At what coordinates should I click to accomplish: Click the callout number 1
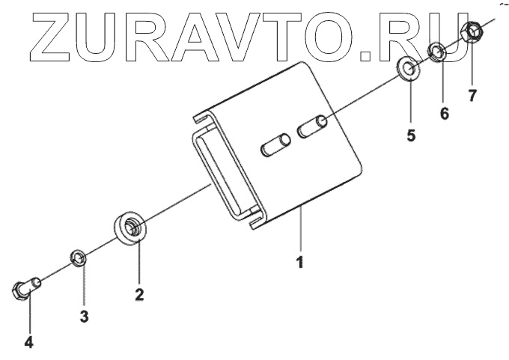(x=300, y=262)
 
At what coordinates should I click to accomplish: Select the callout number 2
(x=139, y=294)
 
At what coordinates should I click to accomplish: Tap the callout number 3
(x=84, y=316)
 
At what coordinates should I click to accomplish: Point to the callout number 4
(x=28, y=342)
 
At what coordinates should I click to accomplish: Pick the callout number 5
(x=411, y=135)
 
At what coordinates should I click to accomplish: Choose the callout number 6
(x=444, y=113)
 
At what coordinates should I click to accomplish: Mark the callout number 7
(x=472, y=95)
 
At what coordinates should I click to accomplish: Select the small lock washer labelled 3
(x=79, y=258)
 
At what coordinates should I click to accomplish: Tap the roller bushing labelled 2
(x=131, y=228)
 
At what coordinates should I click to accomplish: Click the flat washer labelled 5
(x=408, y=69)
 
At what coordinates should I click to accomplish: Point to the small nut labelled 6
(x=436, y=52)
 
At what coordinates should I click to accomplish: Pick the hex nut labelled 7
(x=472, y=31)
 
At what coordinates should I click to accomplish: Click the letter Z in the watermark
(x=50, y=37)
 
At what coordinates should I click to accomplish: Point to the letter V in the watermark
(x=237, y=37)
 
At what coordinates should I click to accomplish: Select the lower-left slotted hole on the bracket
(x=276, y=144)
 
